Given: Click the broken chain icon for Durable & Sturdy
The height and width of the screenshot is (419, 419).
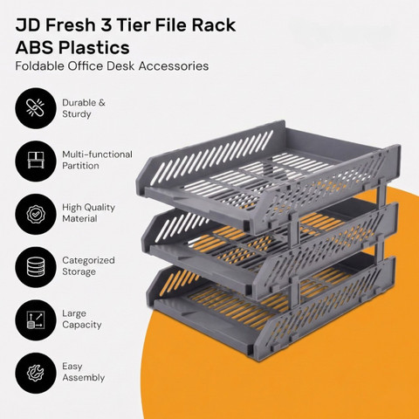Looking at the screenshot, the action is tap(36, 108).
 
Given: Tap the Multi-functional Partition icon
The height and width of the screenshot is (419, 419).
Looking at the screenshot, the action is tap(36, 161).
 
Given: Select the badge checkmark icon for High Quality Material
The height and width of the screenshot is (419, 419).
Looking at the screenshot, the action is tap(36, 214).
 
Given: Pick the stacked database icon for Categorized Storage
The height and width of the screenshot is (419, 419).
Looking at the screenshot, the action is tap(36, 267).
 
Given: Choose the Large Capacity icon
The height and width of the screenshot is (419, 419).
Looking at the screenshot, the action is tap(36, 320).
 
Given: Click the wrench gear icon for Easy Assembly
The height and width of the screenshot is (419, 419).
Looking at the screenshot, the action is tap(36, 373).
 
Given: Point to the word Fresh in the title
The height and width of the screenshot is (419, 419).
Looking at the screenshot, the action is tap(71, 25).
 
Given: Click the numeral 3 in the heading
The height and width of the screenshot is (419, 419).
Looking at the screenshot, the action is tap(106, 25).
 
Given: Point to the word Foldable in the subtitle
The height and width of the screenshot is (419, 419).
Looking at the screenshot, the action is tap(39, 66).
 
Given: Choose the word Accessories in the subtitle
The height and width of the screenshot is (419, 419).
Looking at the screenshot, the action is tap(174, 66).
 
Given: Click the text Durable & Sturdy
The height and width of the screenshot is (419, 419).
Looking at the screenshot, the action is tap(84, 108).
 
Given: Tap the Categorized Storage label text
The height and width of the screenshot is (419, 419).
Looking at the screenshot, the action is tap(88, 266).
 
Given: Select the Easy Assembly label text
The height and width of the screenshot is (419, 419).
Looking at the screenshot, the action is tap(83, 372).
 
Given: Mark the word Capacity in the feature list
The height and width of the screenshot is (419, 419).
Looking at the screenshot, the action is tap(82, 325).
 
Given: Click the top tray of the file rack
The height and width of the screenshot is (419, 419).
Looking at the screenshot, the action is tap(268, 177).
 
